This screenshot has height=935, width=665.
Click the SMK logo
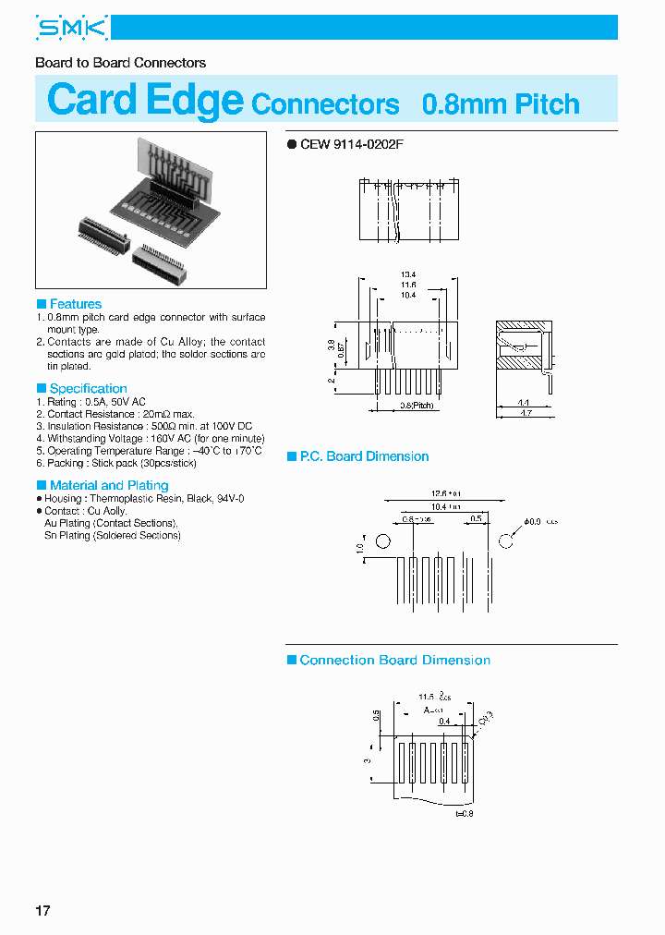[x=72, y=29]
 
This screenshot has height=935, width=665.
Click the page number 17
[x=42, y=911]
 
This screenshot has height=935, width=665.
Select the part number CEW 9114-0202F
[x=352, y=144]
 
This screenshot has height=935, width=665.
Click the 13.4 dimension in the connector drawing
[x=408, y=274]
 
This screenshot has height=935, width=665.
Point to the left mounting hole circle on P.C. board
[x=383, y=540]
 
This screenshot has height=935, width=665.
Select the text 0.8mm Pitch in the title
[x=501, y=103]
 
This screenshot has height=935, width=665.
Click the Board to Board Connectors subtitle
[x=120, y=63]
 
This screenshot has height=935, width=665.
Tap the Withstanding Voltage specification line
[x=150, y=438]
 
